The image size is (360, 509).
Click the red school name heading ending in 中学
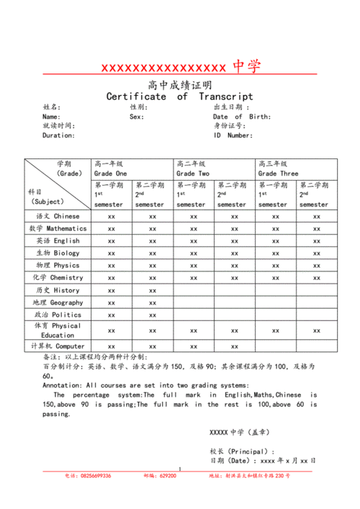[x=180, y=68]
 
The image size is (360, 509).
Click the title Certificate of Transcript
[x=180, y=96]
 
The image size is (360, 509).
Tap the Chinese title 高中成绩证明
[x=180, y=85]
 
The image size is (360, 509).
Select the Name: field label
[x=51, y=117]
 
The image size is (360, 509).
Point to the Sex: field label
[x=137, y=117]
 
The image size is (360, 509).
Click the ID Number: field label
[x=233, y=135]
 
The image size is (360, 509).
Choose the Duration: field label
[x=58, y=135]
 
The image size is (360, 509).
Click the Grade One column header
[x=110, y=174]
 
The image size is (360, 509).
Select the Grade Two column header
[x=193, y=174]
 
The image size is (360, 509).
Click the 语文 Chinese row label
[x=58, y=217]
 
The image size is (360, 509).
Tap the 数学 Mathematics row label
[x=58, y=229]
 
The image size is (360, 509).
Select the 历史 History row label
[x=58, y=290]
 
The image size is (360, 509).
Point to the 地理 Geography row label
[x=58, y=302]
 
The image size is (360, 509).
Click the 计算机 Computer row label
[x=58, y=346]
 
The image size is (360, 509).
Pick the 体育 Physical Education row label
[x=58, y=330]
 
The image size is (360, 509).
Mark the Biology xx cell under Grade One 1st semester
[x=111, y=253]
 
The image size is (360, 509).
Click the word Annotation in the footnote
[x=65, y=386]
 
